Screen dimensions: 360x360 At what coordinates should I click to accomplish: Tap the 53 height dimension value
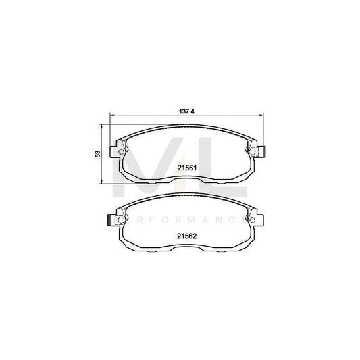pyautogui.click(x=98, y=154)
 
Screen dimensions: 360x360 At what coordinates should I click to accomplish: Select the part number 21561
pyautogui.click(x=186, y=168)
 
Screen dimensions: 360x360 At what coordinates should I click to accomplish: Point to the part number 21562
pyautogui.click(x=186, y=236)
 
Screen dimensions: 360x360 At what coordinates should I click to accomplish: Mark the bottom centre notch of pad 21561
pyautogui.click(x=186, y=182)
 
